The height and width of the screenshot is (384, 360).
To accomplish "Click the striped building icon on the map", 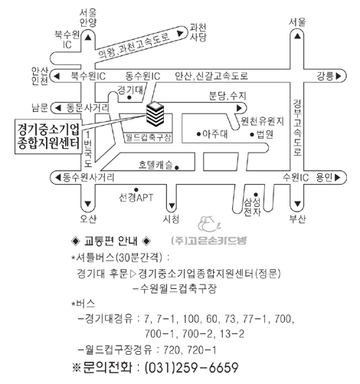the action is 155,113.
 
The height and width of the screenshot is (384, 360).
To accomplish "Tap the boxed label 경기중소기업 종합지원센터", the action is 49,136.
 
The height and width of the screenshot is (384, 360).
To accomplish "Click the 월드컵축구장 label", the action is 148,138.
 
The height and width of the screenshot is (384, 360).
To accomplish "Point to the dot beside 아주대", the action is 198,134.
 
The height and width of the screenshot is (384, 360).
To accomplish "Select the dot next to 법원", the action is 252,134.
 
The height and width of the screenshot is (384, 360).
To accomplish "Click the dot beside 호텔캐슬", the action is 177,168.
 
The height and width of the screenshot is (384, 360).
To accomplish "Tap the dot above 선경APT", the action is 136,189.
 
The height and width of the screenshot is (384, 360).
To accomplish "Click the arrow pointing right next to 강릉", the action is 339,76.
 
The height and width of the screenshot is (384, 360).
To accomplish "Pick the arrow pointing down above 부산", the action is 297,204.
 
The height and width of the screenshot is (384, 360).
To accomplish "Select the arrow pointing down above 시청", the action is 172,205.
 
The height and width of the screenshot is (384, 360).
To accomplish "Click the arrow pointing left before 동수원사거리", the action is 58,177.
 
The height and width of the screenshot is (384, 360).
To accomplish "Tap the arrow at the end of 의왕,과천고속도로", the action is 180,34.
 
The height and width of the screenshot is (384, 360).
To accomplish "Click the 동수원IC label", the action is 142,76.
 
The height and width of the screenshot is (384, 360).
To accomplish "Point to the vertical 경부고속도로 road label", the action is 297,127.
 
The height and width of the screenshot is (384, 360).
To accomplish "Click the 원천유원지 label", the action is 263,121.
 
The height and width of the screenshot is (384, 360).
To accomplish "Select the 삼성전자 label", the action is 252,207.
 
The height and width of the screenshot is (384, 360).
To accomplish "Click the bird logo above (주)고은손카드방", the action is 209,224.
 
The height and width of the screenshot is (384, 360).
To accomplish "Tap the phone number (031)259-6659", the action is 191,368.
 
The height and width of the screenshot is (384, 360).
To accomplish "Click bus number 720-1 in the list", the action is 201,350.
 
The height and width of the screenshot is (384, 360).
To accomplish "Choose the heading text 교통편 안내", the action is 111,241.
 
